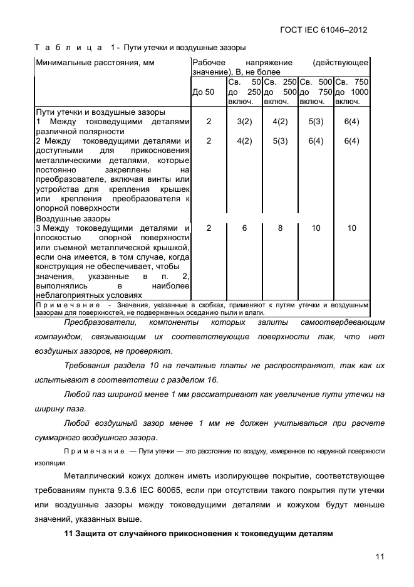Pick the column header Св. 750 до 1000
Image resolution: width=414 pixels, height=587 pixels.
pyautogui.click(x=352, y=92)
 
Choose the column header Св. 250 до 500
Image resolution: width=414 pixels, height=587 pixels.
pyautogui.click(x=280, y=92)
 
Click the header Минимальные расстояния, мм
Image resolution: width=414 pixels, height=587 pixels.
pyautogui.click(x=95, y=63)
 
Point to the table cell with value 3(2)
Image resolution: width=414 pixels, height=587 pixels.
pyautogui.click(x=244, y=122)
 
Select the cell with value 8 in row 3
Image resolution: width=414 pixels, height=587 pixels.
pyautogui.click(x=280, y=228)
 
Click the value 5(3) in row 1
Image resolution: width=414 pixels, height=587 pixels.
pyautogui.click(x=316, y=122)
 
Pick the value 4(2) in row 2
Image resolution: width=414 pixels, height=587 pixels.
pyautogui.click(x=244, y=141)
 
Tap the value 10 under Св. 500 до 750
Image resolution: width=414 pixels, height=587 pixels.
pyautogui.click(x=316, y=228)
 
